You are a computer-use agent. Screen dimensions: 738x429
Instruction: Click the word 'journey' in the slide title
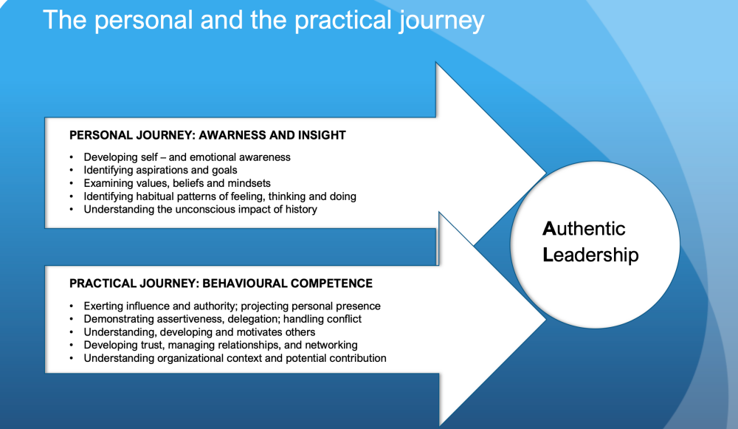pyautogui.click(x=441, y=21)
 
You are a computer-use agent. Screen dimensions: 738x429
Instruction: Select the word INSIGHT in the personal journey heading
pyautogui.click(x=322, y=135)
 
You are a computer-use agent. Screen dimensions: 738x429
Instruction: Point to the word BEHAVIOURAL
pyautogui.click(x=244, y=284)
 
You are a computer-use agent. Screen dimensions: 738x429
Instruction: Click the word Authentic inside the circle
pyautogui.click(x=584, y=229)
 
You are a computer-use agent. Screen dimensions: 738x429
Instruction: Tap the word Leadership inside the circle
pyautogui.click(x=590, y=255)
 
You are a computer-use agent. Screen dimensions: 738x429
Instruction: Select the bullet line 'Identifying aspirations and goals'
pyautogui.click(x=160, y=170)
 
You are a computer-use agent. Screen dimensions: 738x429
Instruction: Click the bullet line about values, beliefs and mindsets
pyautogui.click(x=177, y=183)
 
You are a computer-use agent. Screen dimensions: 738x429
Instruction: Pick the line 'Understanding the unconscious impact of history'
pyautogui.click(x=201, y=209)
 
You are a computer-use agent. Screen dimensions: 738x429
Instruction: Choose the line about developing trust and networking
pyautogui.click(x=221, y=345)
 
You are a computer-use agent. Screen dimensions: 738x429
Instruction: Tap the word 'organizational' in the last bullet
pyautogui.click(x=190, y=358)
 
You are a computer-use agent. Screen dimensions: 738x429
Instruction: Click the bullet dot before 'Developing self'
pyautogui.click(x=72, y=157)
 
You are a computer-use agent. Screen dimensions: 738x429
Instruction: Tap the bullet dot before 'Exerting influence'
pyautogui.click(x=72, y=306)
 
